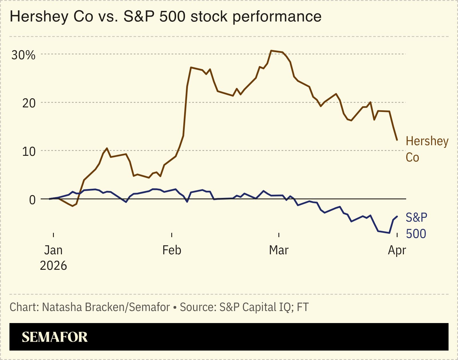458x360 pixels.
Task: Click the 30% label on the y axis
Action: pos(23,55)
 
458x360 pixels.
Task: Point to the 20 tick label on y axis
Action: pos(29,103)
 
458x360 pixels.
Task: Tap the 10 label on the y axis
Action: pos(29,152)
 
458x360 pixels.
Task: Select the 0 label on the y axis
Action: pos(32,200)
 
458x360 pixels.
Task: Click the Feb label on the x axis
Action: pos(172,250)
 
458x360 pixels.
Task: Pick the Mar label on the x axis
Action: pos(278,250)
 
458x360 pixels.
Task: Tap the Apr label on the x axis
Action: pos(397,250)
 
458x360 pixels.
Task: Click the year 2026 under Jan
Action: pos(53,266)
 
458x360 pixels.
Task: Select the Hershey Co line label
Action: pos(427,149)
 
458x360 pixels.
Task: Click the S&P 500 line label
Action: pos(416,226)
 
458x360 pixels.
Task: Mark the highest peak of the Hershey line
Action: pos(271,51)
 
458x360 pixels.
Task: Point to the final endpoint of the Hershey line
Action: pos(397,140)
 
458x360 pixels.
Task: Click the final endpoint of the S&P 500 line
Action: pos(397,216)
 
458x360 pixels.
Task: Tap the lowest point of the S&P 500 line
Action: pos(389,233)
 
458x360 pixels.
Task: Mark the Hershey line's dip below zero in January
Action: pos(72,206)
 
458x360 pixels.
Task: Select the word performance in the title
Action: pos(277,17)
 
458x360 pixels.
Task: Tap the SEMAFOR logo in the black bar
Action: pos(55,337)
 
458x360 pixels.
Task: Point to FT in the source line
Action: pos(303,307)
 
